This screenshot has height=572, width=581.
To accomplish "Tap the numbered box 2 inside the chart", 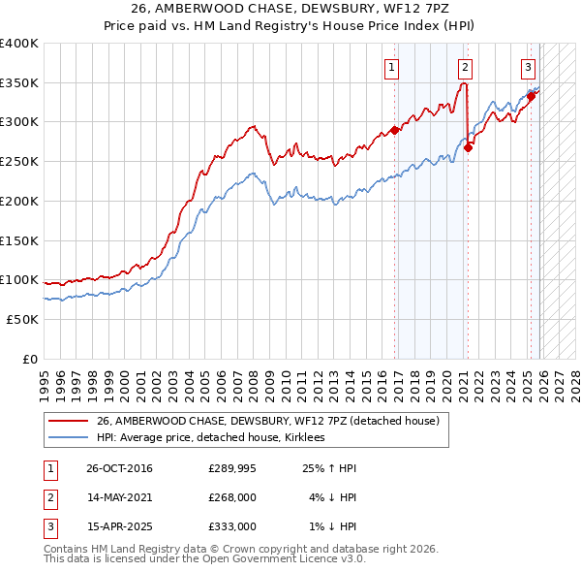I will pyautogui.click(x=466, y=67).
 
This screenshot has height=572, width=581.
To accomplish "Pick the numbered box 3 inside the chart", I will pyautogui.click(x=528, y=67).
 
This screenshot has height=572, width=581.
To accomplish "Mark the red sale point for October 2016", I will pyautogui.click(x=395, y=130).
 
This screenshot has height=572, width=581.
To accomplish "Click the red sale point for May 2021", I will pyautogui.click(x=468, y=147).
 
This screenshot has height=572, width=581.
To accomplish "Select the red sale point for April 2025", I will pyautogui.click(x=531, y=96).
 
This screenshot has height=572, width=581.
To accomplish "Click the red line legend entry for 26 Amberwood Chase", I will pyautogui.click(x=268, y=421).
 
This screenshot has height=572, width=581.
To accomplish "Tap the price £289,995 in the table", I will pyautogui.click(x=233, y=468).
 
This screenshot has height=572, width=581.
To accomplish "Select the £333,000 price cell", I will pyautogui.click(x=233, y=526).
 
